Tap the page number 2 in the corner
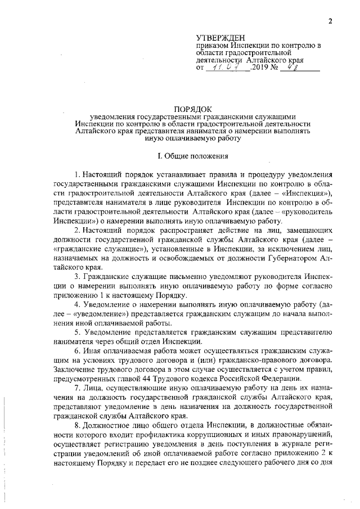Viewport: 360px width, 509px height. [331, 21]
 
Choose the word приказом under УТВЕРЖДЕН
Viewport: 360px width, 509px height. [213, 45]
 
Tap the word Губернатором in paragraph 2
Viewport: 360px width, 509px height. [288, 260]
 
